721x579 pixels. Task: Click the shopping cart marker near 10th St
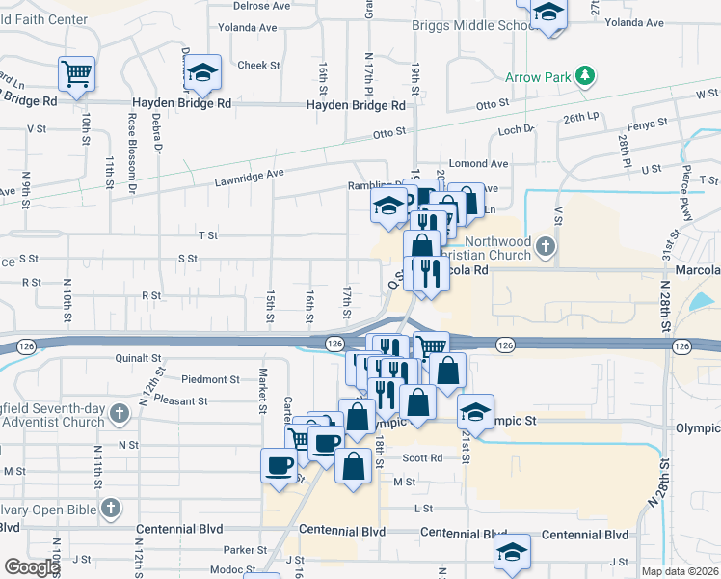(75, 72)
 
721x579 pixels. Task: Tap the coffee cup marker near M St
(280, 465)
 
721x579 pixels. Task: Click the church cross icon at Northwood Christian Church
(547, 246)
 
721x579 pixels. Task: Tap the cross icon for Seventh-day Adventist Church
(119, 414)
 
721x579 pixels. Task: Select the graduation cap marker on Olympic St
(475, 411)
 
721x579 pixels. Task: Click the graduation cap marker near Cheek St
(204, 72)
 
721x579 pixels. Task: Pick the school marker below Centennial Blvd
(512, 551)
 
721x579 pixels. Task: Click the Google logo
(32, 566)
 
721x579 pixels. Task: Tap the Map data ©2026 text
(680, 571)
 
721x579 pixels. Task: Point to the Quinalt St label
(137, 358)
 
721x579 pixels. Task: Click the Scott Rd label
(422, 458)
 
